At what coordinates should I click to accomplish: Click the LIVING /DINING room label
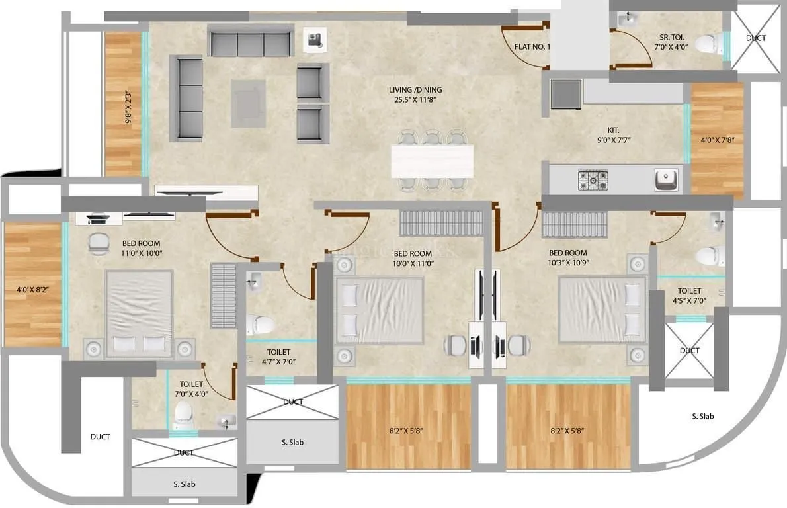coord(415,95)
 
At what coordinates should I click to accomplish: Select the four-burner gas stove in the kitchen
coord(593,179)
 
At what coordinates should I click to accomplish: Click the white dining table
coord(433,160)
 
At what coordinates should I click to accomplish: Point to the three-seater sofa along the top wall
coord(251,42)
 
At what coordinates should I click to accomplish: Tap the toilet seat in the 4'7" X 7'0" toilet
coord(259,324)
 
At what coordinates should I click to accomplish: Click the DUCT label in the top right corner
coord(755,38)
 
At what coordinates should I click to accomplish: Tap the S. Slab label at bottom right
coord(702,417)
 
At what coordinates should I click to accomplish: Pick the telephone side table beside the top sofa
coord(313,39)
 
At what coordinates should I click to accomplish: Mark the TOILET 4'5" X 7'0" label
coord(689,296)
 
